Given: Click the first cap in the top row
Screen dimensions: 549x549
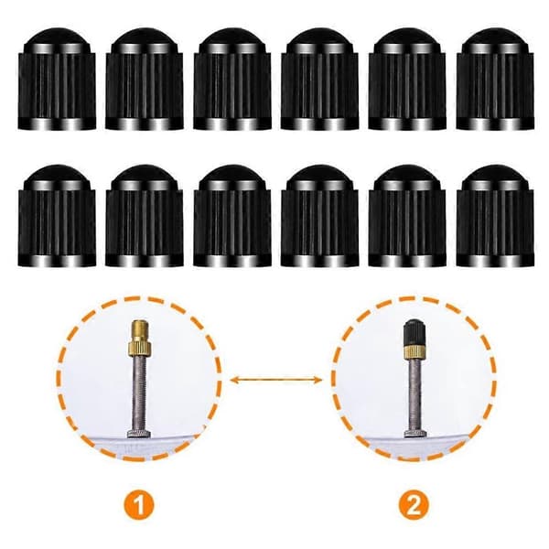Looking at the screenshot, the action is pyautogui.click(x=57, y=79).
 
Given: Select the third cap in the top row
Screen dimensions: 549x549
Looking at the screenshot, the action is pyautogui.click(x=232, y=79).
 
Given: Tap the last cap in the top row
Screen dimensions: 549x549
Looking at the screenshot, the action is pyautogui.click(x=495, y=79).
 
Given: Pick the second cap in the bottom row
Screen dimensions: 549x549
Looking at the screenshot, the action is pyautogui.click(x=145, y=216).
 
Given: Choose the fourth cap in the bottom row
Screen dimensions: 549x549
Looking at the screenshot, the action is pyautogui.click(x=319, y=216).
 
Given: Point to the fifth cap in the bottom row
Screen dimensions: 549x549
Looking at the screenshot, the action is pyautogui.click(x=407, y=216).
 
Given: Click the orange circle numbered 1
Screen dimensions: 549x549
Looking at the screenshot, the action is pyautogui.click(x=139, y=505).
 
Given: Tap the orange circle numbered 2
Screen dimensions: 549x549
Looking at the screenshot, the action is pyautogui.click(x=414, y=505).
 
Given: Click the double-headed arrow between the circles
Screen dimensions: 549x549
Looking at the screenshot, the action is pyautogui.click(x=275, y=380).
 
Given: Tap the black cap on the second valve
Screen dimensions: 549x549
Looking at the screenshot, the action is pyautogui.click(x=414, y=332).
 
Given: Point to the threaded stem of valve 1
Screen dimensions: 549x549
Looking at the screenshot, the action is pyautogui.click(x=139, y=393).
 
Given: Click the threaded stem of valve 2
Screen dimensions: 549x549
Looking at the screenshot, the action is pyautogui.click(x=414, y=395).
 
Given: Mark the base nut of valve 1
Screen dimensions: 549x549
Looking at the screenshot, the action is pyautogui.click(x=139, y=434).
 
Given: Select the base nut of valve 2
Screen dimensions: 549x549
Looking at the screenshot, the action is pyautogui.click(x=414, y=435).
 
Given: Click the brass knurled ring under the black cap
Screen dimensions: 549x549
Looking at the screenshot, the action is pyautogui.click(x=414, y=352).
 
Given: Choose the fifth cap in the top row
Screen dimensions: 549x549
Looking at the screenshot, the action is pyautogui.click(x=407, y=79).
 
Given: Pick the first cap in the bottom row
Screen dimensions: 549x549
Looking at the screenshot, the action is pyautogui.click(x=57, y=216).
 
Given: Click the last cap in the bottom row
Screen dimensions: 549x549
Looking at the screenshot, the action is pyautogui.click(x=495, y=216).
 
